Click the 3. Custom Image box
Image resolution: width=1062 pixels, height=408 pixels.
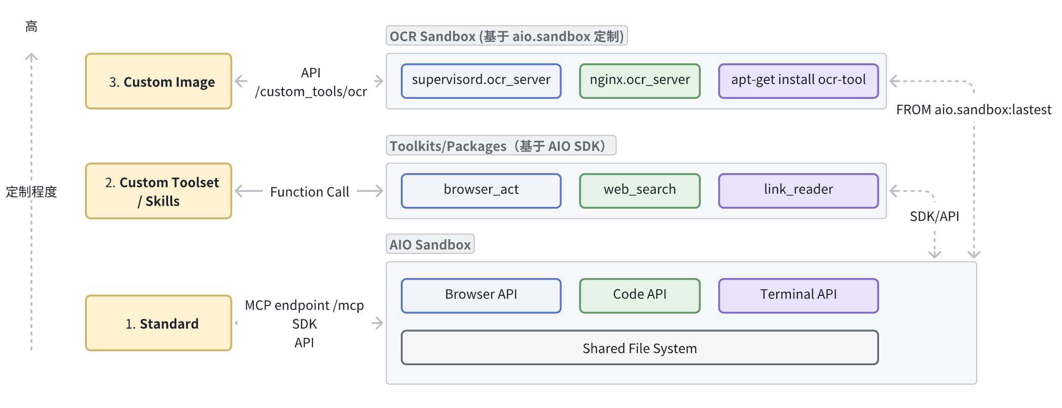pyautogui.click(x=158, y=81)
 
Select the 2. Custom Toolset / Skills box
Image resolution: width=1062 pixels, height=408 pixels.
pyautogui.click(x=158, y=191)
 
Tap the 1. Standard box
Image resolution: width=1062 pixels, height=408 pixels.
pyautogui.click(x=158, y=323)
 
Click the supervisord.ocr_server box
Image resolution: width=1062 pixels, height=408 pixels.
pyautogui.click(x=481, y=81)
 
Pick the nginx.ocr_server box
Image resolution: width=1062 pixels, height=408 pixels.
pyautogui.click(x=640, y=81)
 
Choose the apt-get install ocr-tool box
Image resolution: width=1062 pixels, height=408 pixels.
pyautogui.click(x=798, y=81)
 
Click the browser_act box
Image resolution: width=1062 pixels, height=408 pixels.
pyautogui.click(x=481, y=191)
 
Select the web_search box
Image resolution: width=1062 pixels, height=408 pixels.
pyautogui.click(x=640, y=191)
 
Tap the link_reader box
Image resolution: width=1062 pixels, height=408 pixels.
pyautogui.click(x=798, y=191)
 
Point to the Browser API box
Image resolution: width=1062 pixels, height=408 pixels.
pyautogui.click(x=481, y=295)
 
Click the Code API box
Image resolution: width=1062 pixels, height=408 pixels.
pyautogui.click(x=640, y=295)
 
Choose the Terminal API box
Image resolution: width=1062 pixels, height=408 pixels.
pyautogui.click(x=798, y=295)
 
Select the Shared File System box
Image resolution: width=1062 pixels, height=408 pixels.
pyautogui.click(x=640, y=348)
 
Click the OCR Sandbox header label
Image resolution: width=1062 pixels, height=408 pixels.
pyautogui.click(x=507, y=36)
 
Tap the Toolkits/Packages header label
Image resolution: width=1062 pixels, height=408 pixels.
pyautogui.click(x=501, y=146)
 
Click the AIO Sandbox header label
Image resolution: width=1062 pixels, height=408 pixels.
pyautogui.click(x=430, y=244)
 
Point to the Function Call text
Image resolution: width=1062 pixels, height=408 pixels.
pyautogui.click(x=309, y=192)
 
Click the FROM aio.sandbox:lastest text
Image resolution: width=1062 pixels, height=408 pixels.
pyautogui.click(x=973, y=110)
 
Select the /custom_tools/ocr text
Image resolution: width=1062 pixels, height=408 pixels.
pyautogui.click(x=311, y=92)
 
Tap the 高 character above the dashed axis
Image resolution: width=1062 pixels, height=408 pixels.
pyautogui.click(x=31, y=27)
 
